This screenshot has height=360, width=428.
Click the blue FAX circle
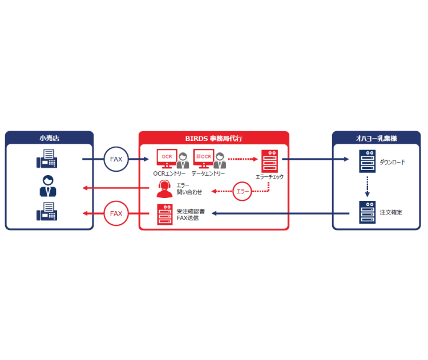(x=116, y=159)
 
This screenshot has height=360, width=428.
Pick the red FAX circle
(x=116, y=213)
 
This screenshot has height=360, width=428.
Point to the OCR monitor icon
(x=167, y=157)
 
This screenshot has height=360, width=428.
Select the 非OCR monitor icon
(x=203, y=157)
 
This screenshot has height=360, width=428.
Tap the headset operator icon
(x=165, y=189)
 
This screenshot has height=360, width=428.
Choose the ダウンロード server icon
(x=367, y=161)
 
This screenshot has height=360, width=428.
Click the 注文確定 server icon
(x=367, y=212)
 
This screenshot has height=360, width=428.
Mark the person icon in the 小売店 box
(x=48, y=186)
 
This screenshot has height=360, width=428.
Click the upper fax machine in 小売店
(x=48, y=159)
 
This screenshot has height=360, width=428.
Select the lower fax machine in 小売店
(x=48, y=212)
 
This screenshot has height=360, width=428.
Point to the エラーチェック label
(x=269, y=177)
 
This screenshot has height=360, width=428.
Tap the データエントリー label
(x=208, y=173)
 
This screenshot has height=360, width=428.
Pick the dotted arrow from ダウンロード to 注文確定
(x=367, y=187)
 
